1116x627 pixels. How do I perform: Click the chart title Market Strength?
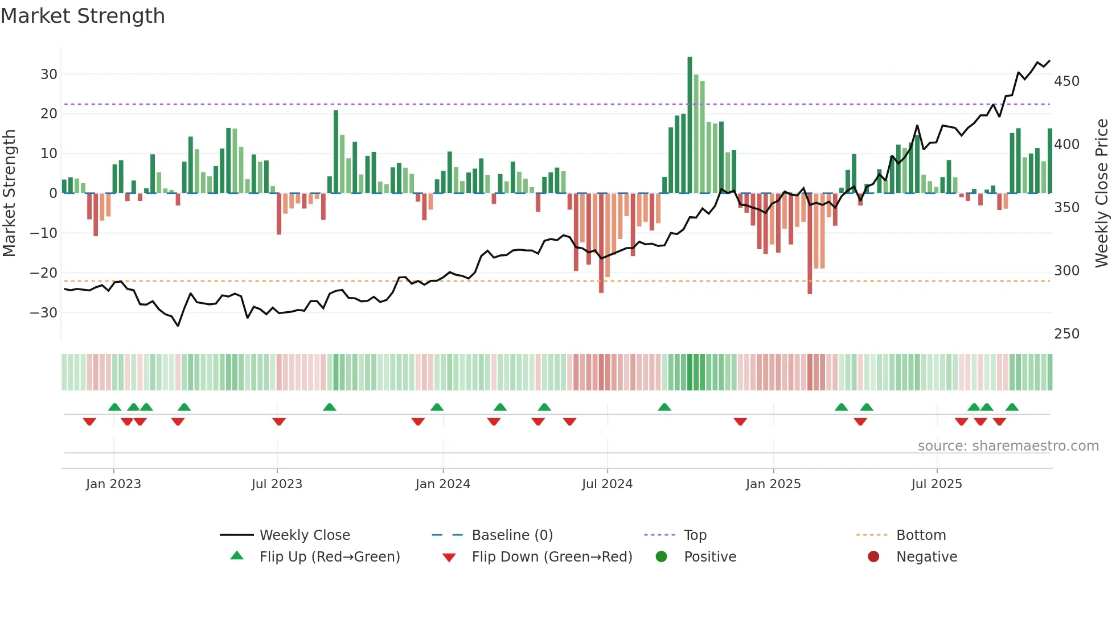[x=83, y=16]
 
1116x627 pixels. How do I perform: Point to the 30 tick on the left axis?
[x=49, y=74]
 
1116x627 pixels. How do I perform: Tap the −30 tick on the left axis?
[x=44, y=312]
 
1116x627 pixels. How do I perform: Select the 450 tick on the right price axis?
[x=1066, y=81]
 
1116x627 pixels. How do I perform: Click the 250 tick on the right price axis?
[x=1066, y=333]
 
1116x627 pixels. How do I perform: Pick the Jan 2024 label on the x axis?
[x=442, y=484]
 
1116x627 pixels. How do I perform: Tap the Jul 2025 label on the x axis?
[x=936, y=484]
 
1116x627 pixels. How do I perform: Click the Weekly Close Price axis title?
[x=1102, y=193]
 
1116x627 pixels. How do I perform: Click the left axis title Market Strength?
[x=10, y=193]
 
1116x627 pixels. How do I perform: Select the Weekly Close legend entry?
[x=305, y=535]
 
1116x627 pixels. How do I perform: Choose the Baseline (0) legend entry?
[x=512, y=535]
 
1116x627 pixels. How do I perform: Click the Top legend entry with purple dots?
[x=695, y=535]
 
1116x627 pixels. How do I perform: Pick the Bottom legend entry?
[x=921, y=535]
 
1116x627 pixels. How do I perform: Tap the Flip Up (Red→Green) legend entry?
[x=329, y=557]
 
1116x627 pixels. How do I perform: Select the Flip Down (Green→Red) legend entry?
[x=551, y=557]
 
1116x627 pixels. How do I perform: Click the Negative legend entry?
[x=926, y=557]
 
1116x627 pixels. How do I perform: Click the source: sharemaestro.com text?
[x=1008, y=446]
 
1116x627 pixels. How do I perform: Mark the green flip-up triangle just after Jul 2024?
[x=664, y=407]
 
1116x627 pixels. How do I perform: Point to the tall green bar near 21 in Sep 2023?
[x=336, y=151]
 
